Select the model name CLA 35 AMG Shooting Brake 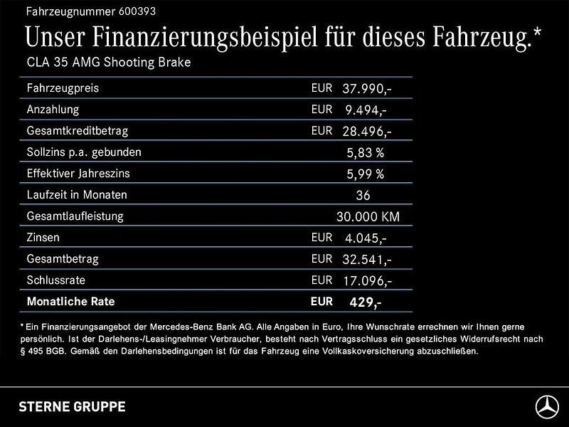point(109,63)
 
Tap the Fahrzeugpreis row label point(63,89)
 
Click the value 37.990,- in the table point(367,89)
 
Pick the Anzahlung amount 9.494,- point(367,110)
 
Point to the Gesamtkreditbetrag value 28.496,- point(367,132)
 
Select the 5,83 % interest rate point(366,152)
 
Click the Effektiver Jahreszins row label point(78,174)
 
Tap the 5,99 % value point(366,174)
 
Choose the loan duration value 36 point(363,195)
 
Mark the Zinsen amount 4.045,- point(367,238)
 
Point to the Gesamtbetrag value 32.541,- point(367,259)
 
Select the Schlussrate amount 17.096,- point(367,280)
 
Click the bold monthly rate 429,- point(366,302)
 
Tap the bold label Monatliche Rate point(70,302)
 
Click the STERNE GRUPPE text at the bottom point(72,407)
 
